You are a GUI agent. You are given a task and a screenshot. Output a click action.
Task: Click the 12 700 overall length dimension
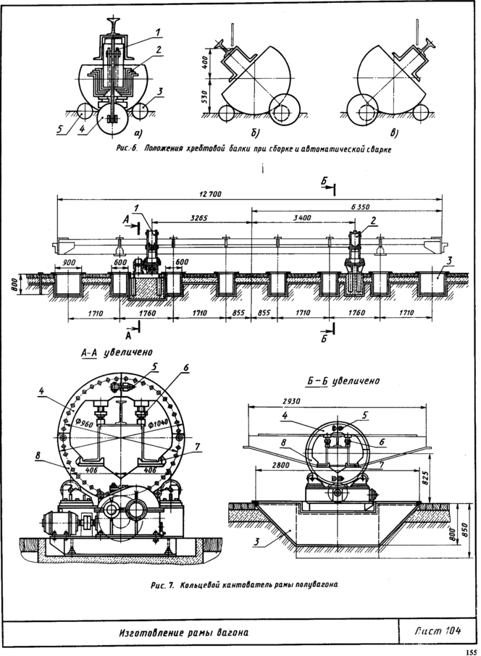click(x=211, y=194)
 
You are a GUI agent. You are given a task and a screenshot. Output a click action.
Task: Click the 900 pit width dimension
click(x=70, y=262)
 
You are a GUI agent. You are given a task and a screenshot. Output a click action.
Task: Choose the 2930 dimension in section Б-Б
click(x=291, y=401)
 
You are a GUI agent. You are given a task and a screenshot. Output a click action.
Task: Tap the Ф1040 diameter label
click(x=158, y=424)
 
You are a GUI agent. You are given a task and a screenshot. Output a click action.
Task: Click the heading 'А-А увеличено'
click(x=117, y=353)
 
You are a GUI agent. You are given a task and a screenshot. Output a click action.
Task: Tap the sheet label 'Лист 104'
click(x=438, y=631)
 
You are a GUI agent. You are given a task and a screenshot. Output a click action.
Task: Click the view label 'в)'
click(x=393, y=133)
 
